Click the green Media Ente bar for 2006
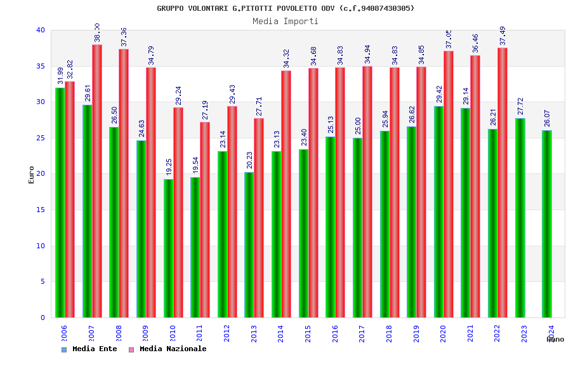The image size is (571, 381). (x=60, y=203)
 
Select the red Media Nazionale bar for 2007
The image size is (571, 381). (x=97, y=181)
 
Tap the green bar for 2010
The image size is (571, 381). (x=168, y=248)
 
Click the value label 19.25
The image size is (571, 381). (x=169, y=167)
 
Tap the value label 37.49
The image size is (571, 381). (x=503, y=36)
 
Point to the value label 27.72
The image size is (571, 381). (x=521, y=106)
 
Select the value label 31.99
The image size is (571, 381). (x=60, y=76)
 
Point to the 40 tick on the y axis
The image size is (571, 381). (x=41, y=30)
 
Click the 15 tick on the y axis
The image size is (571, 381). (x=41, y=210)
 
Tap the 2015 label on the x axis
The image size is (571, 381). (x=308, y=334)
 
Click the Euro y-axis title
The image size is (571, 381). (x=32, y=175)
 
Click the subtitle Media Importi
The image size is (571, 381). (x=285, y=21)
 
